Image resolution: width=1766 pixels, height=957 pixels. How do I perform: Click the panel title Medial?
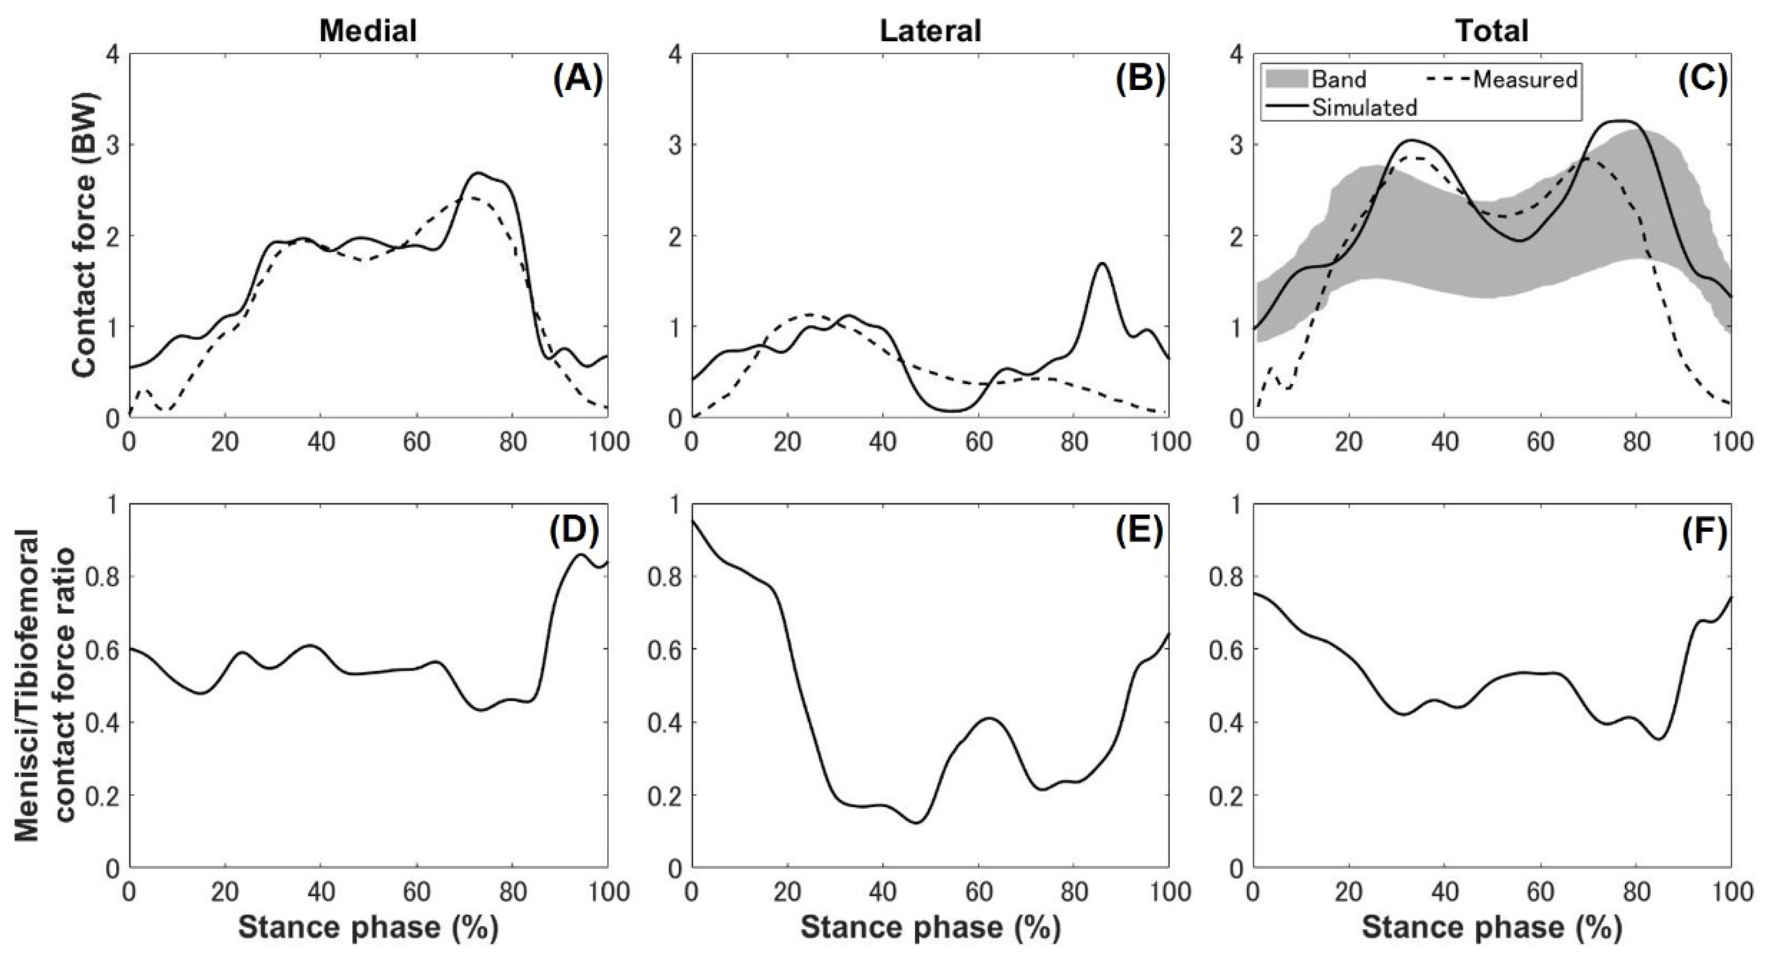point(368,31)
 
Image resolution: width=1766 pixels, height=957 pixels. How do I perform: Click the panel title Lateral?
point(930,31)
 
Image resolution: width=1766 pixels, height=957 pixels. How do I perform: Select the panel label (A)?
point(577,81)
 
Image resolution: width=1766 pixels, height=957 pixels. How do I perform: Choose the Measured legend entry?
point(1501,79)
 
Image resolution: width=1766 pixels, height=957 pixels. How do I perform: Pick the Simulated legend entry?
point(1337,108)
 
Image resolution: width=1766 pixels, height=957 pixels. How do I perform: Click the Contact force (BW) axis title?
point(85,235)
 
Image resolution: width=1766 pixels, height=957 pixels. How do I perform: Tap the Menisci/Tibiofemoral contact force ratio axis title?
point(41,686)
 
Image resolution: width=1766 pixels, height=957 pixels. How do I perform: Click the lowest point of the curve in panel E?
point(917,823)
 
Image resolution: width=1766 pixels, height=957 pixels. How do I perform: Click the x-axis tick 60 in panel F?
point(1541,892)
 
